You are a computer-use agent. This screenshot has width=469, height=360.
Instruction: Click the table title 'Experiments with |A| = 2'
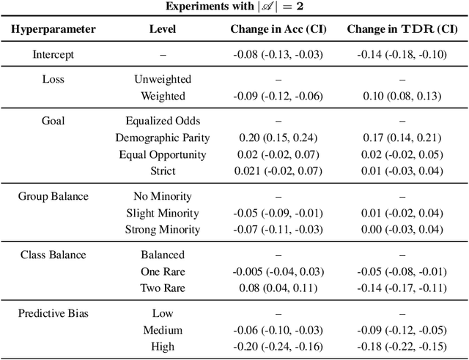234,7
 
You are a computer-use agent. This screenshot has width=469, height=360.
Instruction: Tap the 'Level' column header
162,29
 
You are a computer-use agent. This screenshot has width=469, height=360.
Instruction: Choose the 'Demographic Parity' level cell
162,138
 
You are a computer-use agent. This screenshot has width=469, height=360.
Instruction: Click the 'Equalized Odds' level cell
162,121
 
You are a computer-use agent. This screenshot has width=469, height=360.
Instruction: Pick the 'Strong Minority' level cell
162,230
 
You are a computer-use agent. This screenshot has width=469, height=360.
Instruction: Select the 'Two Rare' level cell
162,288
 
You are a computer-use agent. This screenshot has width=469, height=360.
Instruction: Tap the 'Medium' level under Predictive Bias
162,330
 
